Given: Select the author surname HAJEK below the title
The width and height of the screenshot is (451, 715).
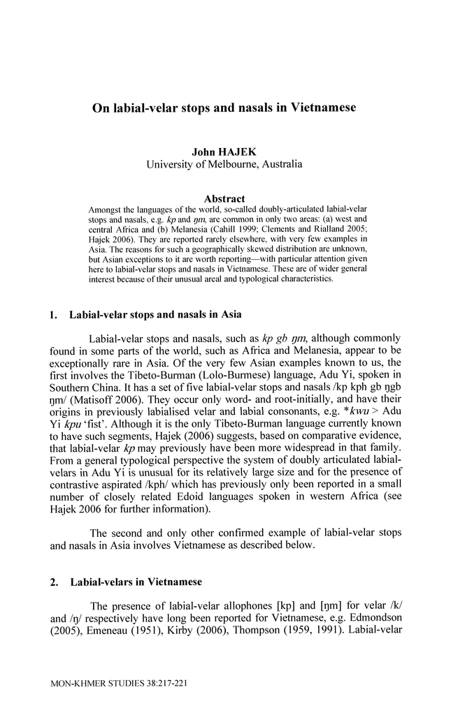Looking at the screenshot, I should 238,151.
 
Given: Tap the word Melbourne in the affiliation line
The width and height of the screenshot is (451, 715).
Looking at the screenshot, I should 232,165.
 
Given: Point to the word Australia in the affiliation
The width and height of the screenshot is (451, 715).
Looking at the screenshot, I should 280,165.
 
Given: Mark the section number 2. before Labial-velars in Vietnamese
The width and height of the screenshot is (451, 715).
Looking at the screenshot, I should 55,582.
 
